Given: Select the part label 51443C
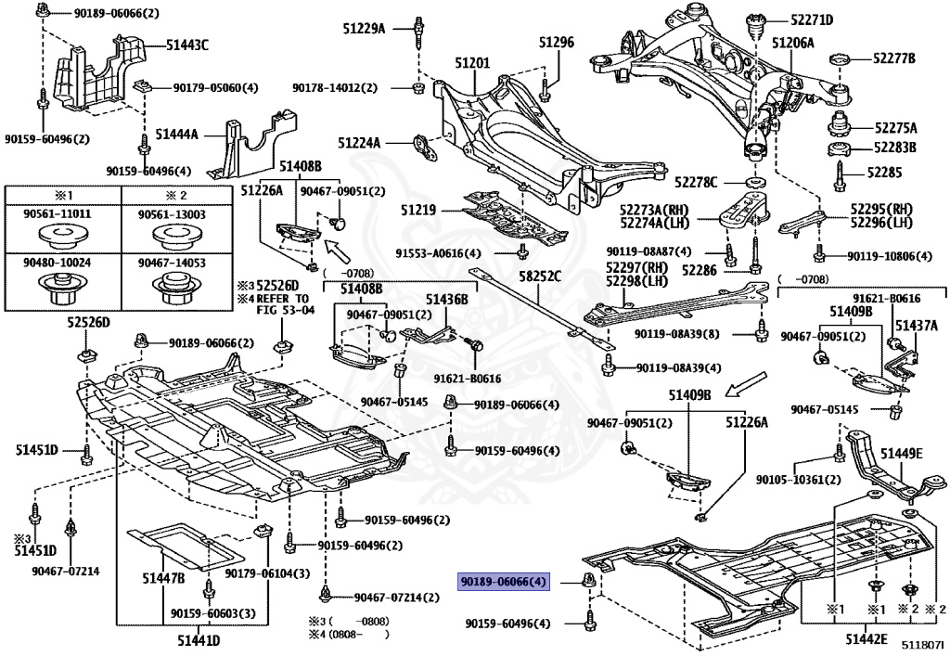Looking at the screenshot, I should click(187, 45).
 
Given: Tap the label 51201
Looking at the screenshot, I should click(472, 62).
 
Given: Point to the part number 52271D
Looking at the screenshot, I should click(812, 19).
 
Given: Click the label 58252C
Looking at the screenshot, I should click(539, 277).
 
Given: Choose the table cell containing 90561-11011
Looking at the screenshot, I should click(62, 214).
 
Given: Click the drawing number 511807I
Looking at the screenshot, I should click(924, 644).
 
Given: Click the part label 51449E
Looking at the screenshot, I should click(902, 454).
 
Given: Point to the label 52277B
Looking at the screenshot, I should click(892, 58).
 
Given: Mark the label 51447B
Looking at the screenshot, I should click(163, 579).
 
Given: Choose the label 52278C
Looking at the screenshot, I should click(697, 182).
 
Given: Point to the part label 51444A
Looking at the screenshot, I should click(177, 135).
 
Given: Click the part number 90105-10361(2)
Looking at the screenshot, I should click(797, 480).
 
